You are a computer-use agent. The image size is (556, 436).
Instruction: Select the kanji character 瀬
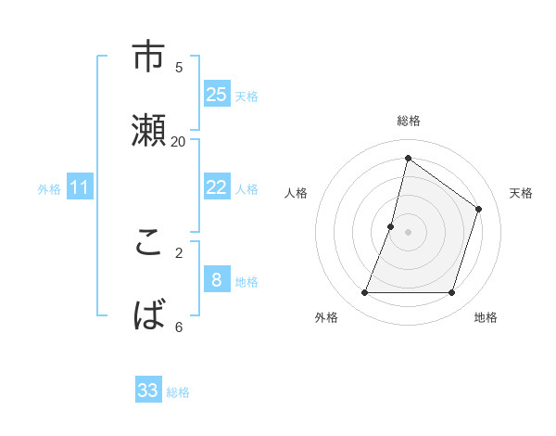pos(149,131)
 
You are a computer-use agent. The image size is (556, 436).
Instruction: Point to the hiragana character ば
pos(149,315)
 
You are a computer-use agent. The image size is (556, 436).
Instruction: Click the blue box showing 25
pos(217,94)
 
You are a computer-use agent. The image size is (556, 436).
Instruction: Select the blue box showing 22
pos(217,186)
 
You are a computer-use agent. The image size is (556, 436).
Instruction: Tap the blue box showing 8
pos(217,279)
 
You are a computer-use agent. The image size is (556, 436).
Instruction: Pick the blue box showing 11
pos(80,187)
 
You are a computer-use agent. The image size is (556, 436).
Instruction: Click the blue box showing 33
pos(148,391)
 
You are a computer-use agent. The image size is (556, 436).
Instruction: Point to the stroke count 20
pos(179,141)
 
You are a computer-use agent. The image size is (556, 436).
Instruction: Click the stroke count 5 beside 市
pos(179,67)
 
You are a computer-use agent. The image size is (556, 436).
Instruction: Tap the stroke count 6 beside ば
pos(179,327)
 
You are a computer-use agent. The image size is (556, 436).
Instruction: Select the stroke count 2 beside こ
pos(179,252)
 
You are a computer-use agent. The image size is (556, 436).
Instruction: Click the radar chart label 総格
pos(409,121)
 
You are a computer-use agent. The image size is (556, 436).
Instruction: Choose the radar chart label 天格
pos(521,193)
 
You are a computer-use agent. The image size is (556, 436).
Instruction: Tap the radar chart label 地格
pos(486,317)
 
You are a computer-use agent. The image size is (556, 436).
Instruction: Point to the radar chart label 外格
pos(326,317)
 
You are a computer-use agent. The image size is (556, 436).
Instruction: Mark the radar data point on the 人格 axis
pos(391,226)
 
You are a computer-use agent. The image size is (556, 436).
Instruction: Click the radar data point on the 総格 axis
pos(408,158)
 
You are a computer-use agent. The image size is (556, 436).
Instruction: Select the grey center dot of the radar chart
pos(408,231)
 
